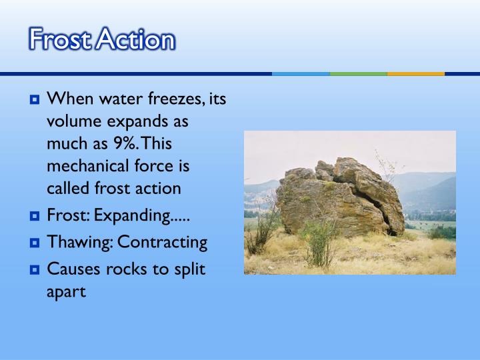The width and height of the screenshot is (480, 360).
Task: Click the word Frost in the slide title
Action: coord(59,39)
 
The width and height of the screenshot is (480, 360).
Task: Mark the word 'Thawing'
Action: coord(72,243)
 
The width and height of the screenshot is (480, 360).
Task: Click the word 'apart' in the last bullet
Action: coord(67,292)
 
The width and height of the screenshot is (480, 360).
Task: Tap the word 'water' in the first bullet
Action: coord(121,101)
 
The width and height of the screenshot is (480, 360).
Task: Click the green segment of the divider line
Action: coord(358,73)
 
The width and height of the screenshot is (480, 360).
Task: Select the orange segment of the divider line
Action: coord(415,73)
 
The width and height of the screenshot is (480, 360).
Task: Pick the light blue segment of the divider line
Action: coord(301,73)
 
